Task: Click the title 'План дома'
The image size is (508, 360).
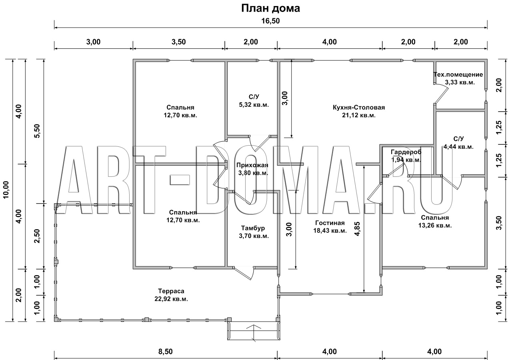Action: (x=270, y=8)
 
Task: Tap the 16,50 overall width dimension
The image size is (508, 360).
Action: (x=270, y=21)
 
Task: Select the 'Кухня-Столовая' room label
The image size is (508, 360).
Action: (x=359, y=107)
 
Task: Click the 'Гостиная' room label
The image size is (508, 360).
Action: (x=330, y=223)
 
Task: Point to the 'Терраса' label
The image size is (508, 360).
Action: (x=171, y=291)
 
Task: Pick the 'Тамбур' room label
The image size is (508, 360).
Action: (x=253, y=228)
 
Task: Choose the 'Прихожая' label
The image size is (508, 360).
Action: (x=252, y=165)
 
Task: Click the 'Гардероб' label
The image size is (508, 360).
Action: (x=406, y=152)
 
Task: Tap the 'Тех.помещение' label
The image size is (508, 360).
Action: (x=458, y=74)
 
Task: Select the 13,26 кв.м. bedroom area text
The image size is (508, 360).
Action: (x=435, y=226)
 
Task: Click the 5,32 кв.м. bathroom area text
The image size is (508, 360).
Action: (x=254, y=105)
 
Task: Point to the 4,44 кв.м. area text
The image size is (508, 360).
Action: (x=458, y=147)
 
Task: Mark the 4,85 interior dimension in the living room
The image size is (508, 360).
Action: (x=357, y=229)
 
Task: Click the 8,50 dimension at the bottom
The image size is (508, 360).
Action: (x=165, y=351)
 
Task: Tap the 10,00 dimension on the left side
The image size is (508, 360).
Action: (x=6, y=190)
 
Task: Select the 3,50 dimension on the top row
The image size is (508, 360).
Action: (x=178, y=42)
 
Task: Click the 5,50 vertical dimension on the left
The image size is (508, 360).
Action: (x=38, y=131)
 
